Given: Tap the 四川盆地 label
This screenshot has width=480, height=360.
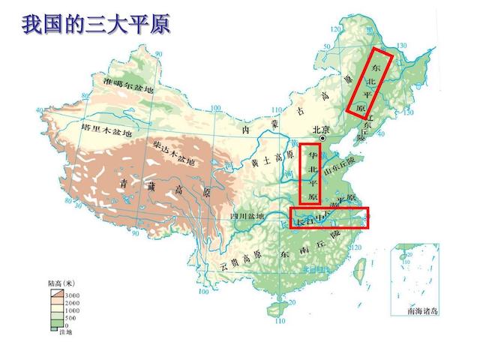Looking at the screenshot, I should [x=247, y=217].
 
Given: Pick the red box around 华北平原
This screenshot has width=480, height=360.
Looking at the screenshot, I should [x=310, y=175].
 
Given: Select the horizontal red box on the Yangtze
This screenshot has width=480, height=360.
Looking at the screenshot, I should [x=330, y=217].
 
